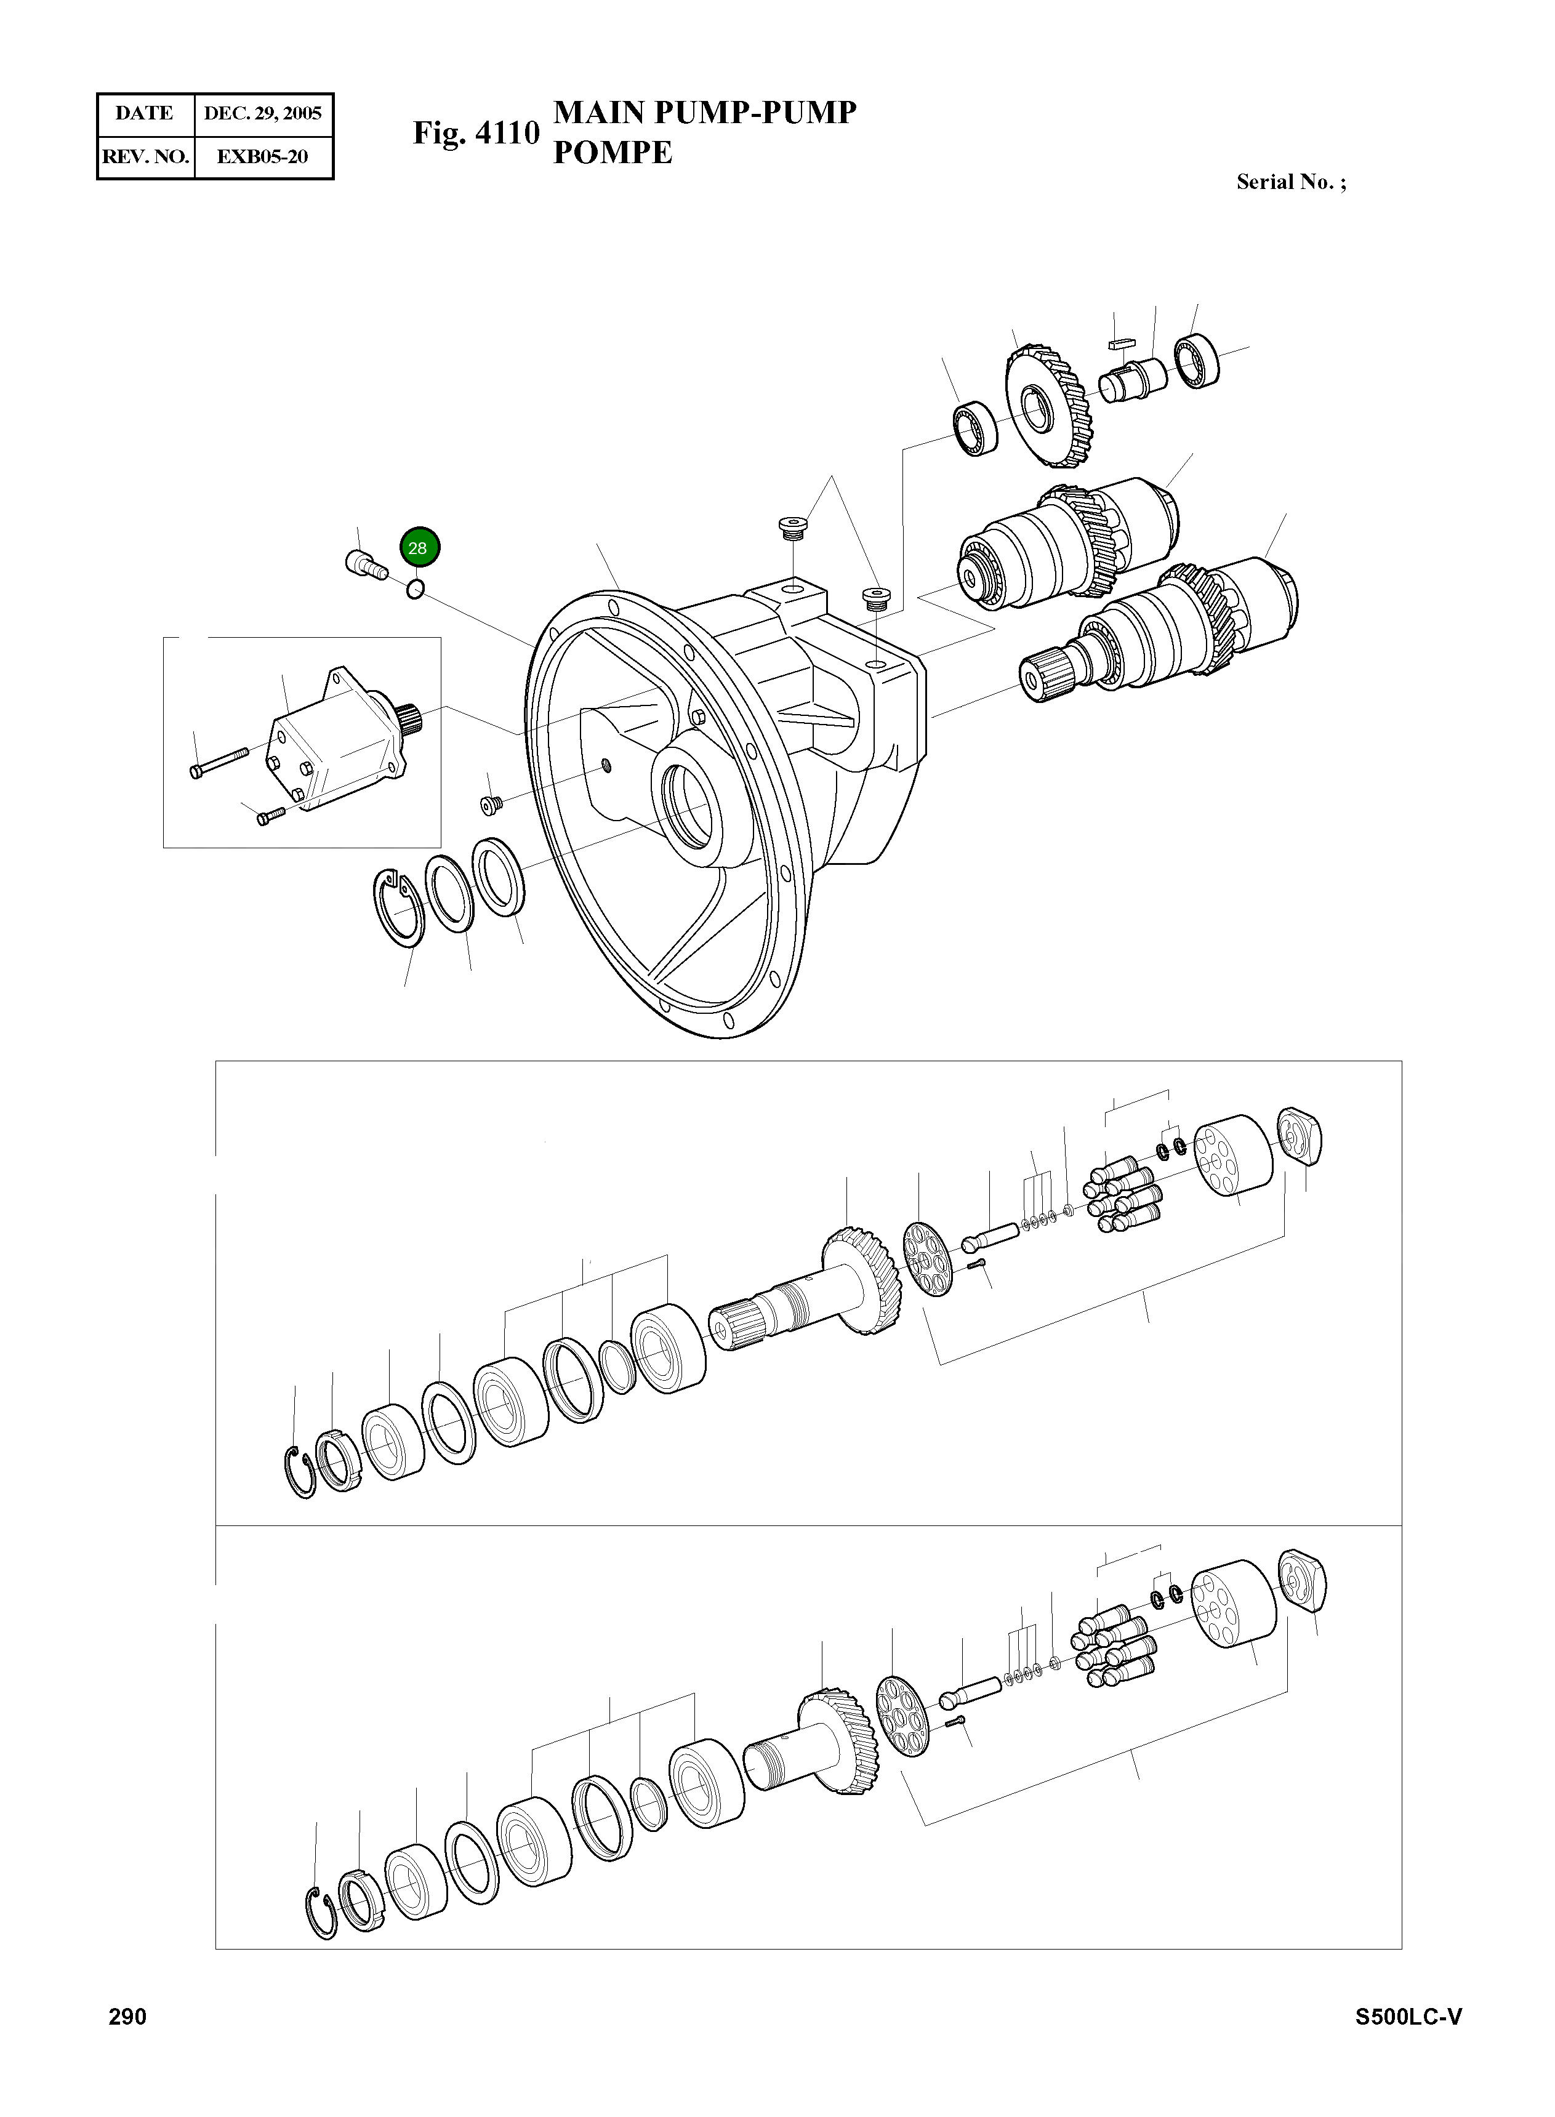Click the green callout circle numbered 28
tap(419, 548)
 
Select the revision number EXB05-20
tap(263, 157)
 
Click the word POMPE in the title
tap(612, 153)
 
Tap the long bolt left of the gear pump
tap(219, 761)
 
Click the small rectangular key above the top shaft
tap(1123, 343)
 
